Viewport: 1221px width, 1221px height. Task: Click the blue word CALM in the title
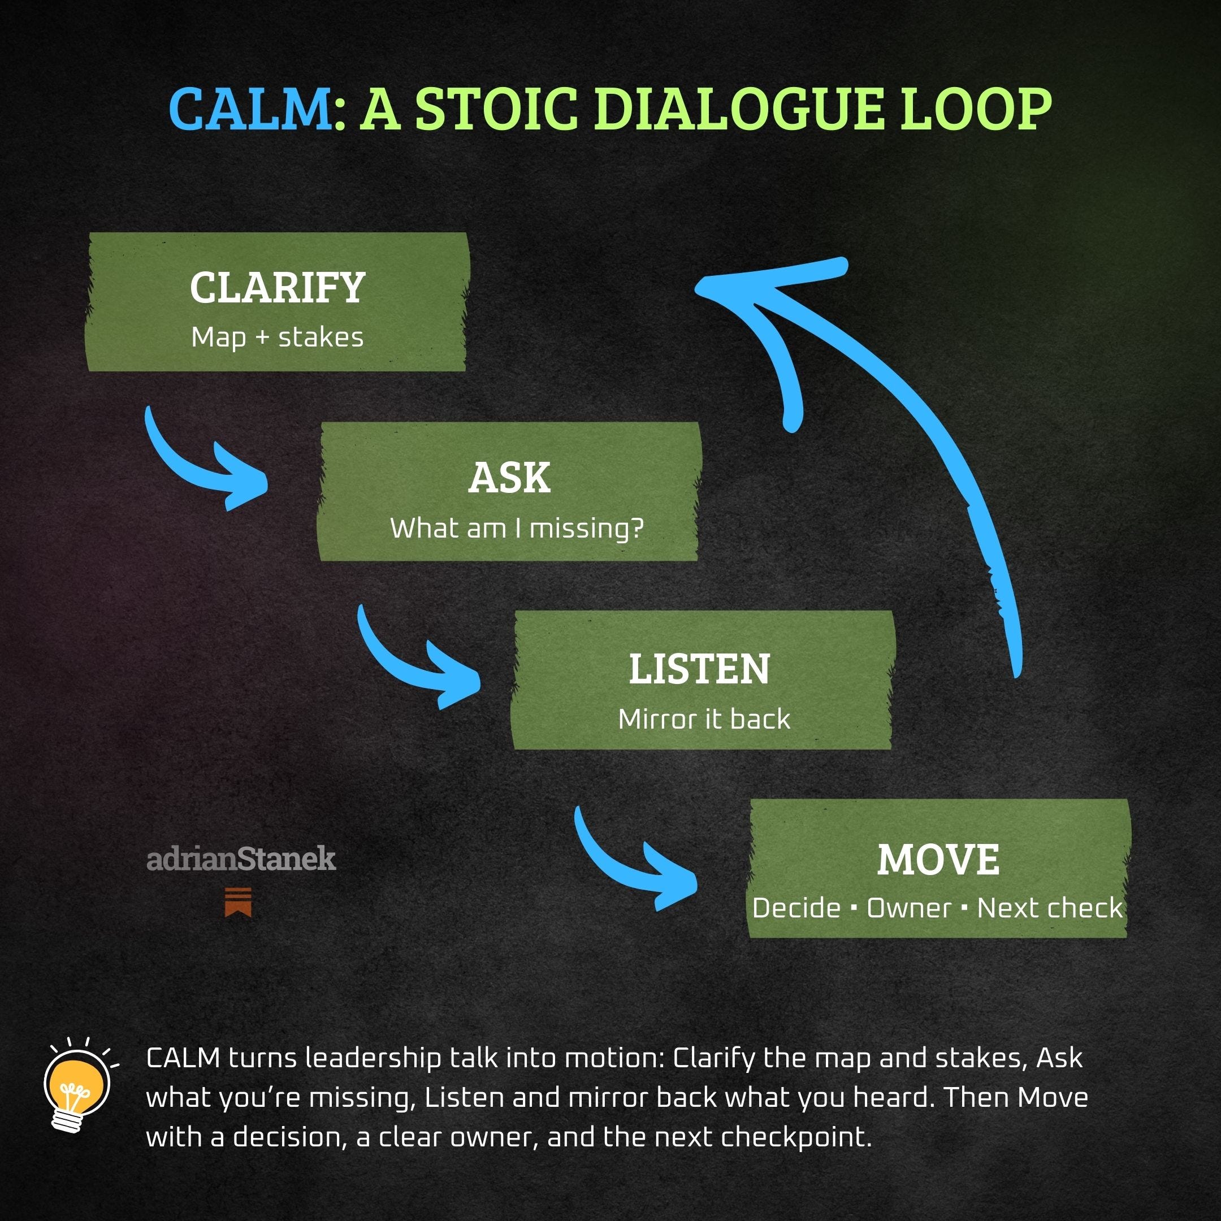pyautogui.click(x=250, y=109)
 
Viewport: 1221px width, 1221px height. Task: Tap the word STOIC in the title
pyautogui.click(x=496, y=109)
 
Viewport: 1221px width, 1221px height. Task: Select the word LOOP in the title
pyautogui.click(x=976, y=109)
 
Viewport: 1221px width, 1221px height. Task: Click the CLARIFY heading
pyautogui.click(x=278, y=288)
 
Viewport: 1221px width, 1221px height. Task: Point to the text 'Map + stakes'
pyautogui.click(x=278, y=337)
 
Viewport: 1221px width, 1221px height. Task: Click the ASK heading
pyautogui.click(x=509, y=478)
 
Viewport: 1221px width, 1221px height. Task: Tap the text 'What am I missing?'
pyautogui.click(x=516, y=529)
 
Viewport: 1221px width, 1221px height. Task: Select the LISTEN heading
pyautogui.click(x=699, y=669)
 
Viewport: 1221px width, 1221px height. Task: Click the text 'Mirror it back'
pyautogui.click(x=704, y=719)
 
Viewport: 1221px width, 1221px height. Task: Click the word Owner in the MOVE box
pyautogui.click(x=909, y=908)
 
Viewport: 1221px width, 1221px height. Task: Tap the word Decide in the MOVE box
pyautogui.click(x=796, y=908)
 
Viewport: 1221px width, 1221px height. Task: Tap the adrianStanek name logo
pyautogui.click(x=241, y=859)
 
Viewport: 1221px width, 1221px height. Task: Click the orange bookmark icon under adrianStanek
pyautogui.click(x=238, y=901)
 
